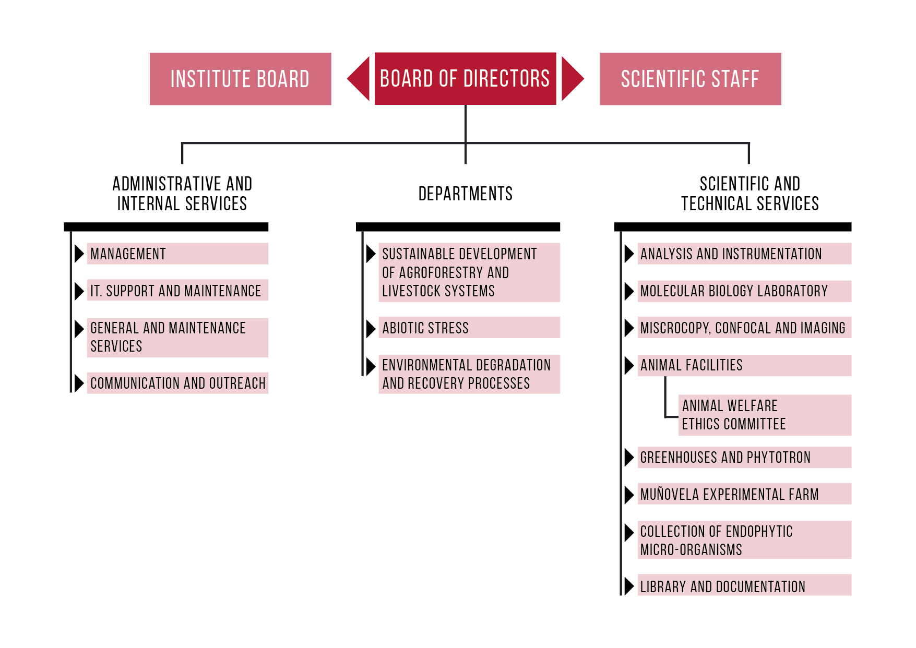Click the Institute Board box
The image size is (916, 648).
240,79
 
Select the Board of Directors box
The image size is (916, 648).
465,79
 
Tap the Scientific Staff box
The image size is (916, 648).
690,79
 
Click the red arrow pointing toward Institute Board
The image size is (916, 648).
359,79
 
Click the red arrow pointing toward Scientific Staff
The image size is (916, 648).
573,79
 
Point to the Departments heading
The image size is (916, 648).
466,194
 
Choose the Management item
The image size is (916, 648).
177,254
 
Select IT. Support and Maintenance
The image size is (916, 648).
177,290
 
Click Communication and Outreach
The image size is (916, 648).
177,383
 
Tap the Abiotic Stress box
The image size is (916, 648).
469,328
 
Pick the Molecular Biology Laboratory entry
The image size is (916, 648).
744,291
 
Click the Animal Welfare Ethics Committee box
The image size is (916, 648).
765,415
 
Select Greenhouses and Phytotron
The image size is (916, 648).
744,457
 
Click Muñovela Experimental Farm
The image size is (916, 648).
744,494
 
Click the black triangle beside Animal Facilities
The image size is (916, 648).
629,365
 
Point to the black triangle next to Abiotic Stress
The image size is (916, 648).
371,328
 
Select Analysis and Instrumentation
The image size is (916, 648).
744,254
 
